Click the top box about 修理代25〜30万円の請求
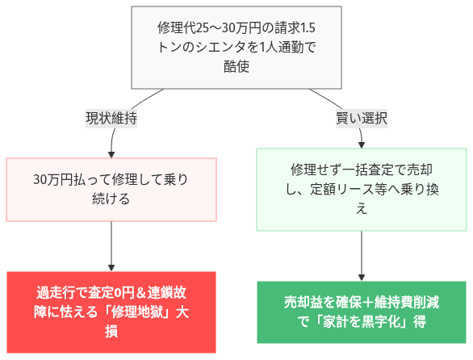236,48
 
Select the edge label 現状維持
111,118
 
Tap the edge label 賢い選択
362,118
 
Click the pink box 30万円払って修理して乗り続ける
111,189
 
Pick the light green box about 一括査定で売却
362,189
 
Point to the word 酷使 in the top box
236,67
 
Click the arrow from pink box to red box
111,245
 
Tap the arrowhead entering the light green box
362,144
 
